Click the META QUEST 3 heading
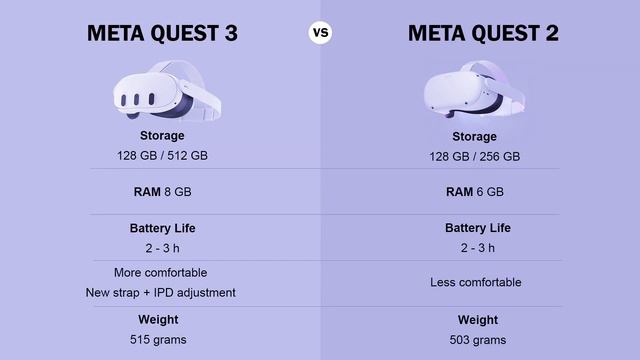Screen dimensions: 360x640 (163, 33)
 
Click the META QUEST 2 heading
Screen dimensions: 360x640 (483, 33)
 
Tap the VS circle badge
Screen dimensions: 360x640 (320, 33)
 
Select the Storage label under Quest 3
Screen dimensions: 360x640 (162, 135)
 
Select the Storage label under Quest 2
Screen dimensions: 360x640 (474, 136)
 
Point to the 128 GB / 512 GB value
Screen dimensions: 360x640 (162, 155)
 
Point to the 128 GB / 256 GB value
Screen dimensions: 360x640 (474, 156)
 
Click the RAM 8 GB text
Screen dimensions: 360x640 (162, 190)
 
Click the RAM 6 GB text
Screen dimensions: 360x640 (474, 191)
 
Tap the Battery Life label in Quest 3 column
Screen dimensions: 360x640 (162, 228)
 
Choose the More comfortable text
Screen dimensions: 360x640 (161, 272)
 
